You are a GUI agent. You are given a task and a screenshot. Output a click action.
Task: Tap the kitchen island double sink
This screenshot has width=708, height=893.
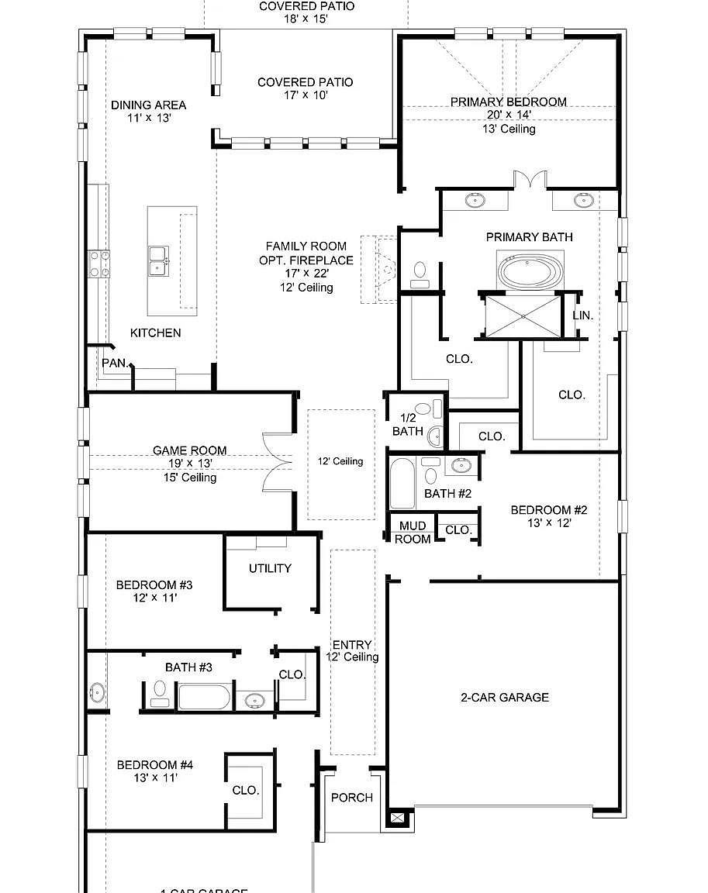pos(159,261)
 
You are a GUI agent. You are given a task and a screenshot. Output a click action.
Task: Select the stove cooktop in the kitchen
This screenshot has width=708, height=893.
pos(98,263)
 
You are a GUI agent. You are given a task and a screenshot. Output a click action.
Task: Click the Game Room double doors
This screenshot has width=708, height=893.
pos(277,462)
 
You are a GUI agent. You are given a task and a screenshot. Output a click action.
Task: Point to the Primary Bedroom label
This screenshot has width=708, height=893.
pos(508,102)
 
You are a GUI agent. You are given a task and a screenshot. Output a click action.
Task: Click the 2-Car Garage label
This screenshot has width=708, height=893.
pos(504,697)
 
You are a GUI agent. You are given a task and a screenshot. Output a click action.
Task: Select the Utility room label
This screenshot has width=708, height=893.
pos(270,568)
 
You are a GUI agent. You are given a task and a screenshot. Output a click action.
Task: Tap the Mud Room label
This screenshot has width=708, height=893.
pos(412,533)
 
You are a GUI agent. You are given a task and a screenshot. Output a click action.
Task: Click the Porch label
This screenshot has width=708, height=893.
pos(351,798)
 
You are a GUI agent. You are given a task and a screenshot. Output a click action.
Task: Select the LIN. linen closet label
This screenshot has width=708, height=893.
pos(582,315)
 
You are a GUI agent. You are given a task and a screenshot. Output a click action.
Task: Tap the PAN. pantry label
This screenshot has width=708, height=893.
pos(115,362)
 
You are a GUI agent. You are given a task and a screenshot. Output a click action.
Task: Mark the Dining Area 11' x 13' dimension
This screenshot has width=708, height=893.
pos(148,119)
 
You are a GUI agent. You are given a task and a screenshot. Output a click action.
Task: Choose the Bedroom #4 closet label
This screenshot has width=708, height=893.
pos(246,790)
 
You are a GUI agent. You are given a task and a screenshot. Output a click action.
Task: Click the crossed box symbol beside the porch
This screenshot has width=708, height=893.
pos(397,817)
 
